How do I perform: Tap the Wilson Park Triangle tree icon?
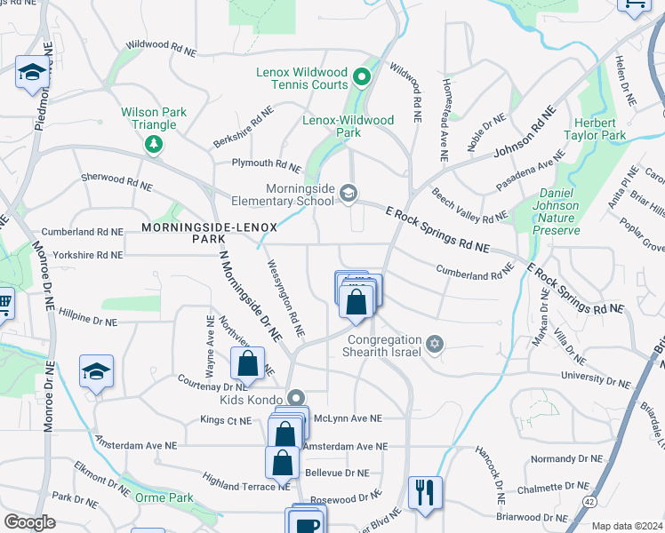155,143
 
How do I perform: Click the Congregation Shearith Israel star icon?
434,344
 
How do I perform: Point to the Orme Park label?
164,497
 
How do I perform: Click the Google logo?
29,522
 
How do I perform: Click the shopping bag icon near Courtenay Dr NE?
247,363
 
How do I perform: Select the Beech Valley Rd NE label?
469,204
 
